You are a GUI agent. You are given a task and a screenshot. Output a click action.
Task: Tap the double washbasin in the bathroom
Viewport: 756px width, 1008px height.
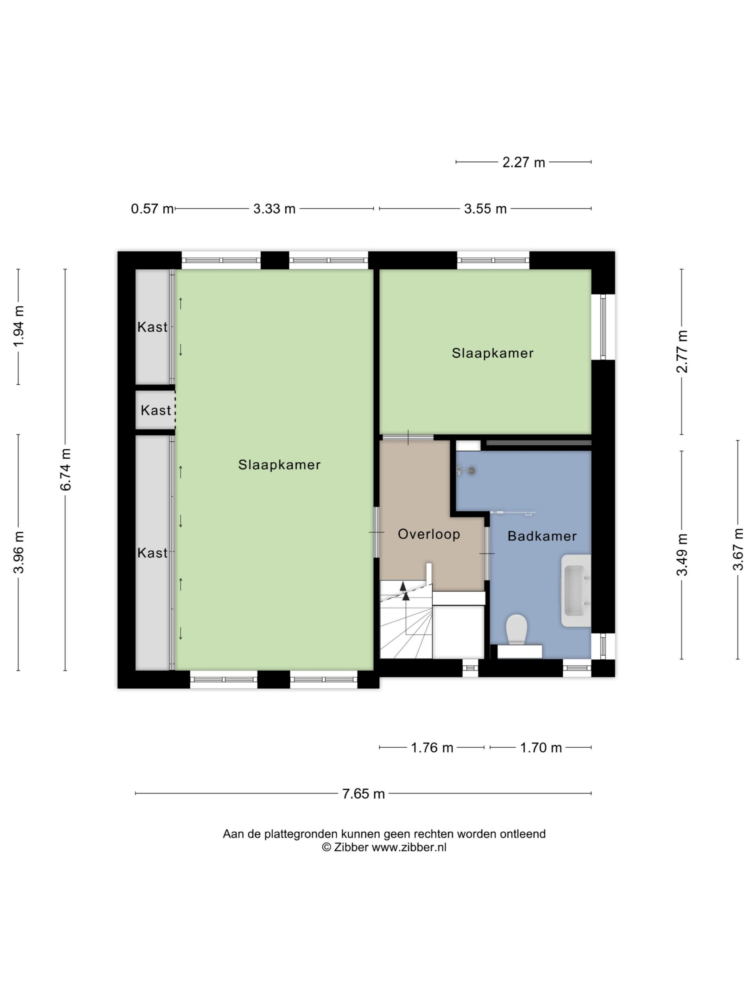[x=576, y=591]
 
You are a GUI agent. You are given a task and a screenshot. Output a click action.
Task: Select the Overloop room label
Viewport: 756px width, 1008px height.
[x=429, y=534]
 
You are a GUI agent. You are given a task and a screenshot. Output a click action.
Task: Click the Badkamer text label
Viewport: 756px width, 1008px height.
[x=542, y=536]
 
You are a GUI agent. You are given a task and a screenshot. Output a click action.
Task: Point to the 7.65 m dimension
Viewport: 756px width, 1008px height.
[x=363, y=794]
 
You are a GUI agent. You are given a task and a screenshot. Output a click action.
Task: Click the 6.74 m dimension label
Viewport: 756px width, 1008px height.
[x=66, y=469]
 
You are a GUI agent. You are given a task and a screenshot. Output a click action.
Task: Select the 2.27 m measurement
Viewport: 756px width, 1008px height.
[x=524, y=162]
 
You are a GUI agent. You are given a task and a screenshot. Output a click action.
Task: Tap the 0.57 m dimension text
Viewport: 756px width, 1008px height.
[x=152, y=209]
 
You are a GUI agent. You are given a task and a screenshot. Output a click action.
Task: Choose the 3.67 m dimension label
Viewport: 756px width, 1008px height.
[x=738, y=549]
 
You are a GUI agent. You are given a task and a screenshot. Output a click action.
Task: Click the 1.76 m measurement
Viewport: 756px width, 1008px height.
[x=432, y=748]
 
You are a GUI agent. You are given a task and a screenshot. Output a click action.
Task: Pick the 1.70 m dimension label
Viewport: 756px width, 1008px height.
[x=541, y=748]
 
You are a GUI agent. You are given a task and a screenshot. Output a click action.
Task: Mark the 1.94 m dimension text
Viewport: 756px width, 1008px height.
[x=18, y=326]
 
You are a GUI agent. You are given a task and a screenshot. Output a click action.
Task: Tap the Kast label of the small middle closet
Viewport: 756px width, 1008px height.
[x=156, y=410]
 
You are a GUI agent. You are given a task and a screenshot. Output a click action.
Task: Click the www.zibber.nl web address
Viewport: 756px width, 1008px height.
[x=409, y=847]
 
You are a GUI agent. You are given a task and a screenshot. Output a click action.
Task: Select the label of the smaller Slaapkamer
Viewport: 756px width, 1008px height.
[x=493, y=353]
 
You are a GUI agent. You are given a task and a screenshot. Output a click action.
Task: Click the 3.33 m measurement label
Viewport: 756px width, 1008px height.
[x=274, y=209]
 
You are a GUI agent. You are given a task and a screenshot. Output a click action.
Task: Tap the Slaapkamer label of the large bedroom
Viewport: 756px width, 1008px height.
[x=279, y=465]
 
